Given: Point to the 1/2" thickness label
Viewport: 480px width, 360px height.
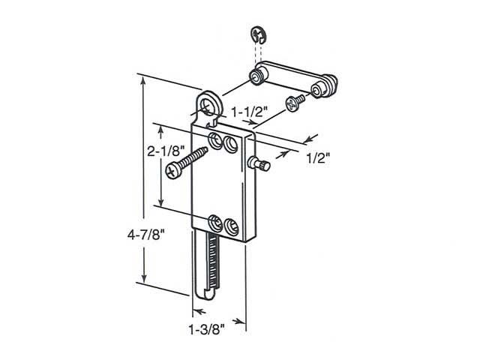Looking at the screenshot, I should tap(319, 159).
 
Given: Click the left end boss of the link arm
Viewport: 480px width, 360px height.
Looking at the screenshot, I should tap(259, 76).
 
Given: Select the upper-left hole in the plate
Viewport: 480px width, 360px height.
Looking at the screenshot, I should tap(215, 139).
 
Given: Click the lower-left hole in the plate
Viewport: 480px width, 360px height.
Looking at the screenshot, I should tap(215, 222).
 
